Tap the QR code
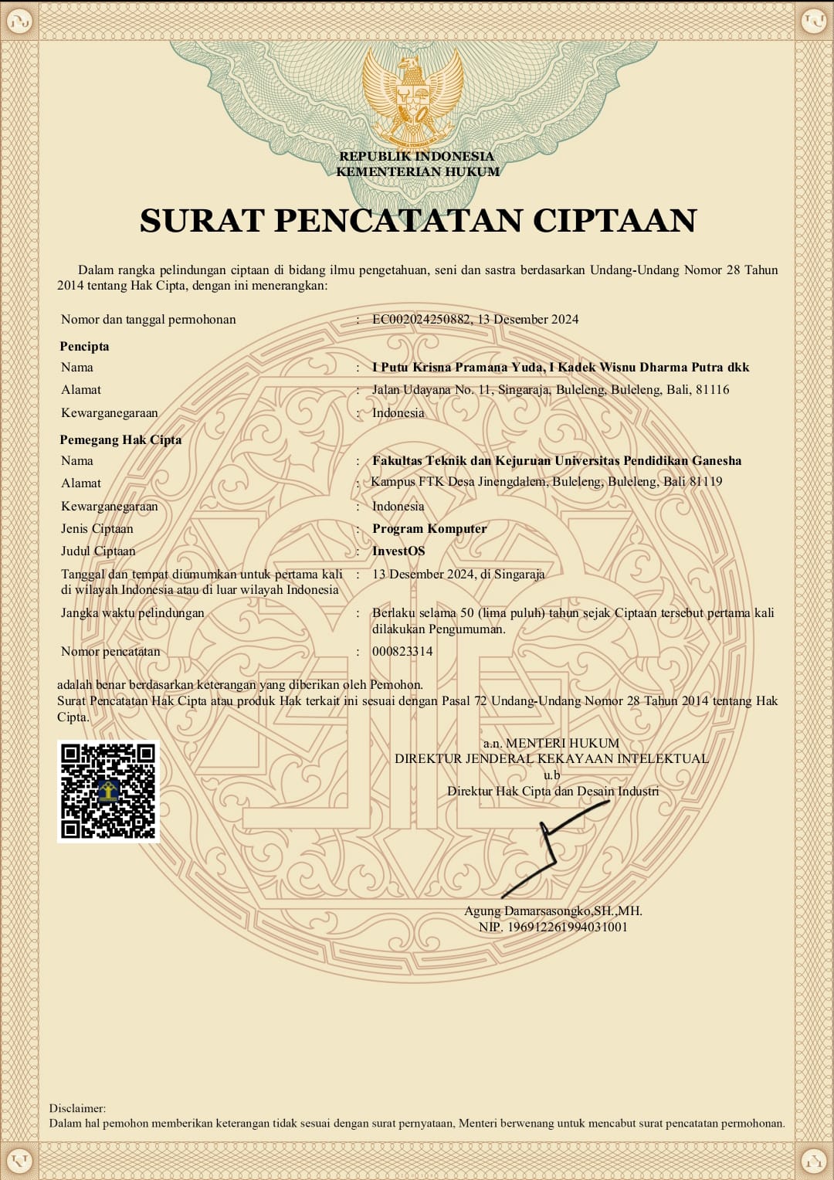tap(108, 791)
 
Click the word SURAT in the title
tap(202, 221)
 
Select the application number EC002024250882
tap(421, 320)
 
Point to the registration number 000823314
tap(402, 652)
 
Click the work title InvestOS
tap(398, 551)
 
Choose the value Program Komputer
tap(429, 529)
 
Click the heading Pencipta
tap(84, 347)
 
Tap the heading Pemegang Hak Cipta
tap(120, 440)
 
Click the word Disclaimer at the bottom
tap(77, 1108)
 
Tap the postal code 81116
tap(712, 390)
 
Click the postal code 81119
tap(706, 482)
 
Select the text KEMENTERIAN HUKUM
tap(418, 172)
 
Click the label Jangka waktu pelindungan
tap(133, 613)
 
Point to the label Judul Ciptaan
tap(98, 551)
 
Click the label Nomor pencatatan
tap(110, 652)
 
